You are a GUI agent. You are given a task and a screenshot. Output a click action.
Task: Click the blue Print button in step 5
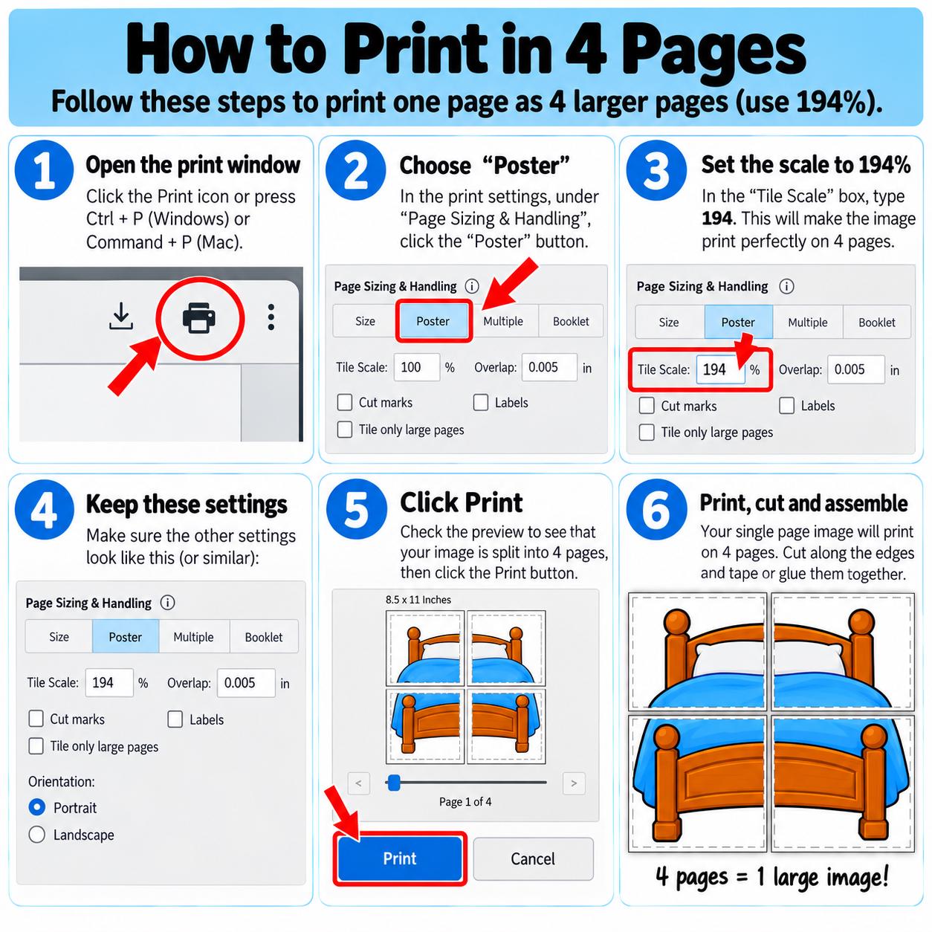400,858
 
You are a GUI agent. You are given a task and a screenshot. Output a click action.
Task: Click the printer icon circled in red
198,318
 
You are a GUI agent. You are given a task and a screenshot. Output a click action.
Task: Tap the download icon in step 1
121,316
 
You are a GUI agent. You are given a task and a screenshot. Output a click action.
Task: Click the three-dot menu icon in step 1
271,317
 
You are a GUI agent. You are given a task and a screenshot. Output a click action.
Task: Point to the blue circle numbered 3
656,170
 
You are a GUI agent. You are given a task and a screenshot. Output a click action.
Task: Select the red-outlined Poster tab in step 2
433,321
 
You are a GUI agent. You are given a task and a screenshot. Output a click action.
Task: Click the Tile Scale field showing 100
416,367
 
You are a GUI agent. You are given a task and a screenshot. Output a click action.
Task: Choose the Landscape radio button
37,835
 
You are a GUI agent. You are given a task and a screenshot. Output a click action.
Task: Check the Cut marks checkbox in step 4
36,719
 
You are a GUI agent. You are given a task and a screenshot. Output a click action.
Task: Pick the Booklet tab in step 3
876,322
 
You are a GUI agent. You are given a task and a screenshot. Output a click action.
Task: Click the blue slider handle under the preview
394,782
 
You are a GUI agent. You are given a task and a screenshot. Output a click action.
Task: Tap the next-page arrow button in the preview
574,783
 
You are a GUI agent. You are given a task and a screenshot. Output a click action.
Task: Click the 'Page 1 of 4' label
465,802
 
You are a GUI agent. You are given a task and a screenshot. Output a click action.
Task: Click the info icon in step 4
167,603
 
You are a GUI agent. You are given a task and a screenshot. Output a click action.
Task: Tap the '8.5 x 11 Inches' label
418,600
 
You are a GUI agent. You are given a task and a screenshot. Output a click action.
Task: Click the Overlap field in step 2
549,367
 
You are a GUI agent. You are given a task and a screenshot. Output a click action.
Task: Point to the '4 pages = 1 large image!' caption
772,876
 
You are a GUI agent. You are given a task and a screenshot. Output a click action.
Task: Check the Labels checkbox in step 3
786,405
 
